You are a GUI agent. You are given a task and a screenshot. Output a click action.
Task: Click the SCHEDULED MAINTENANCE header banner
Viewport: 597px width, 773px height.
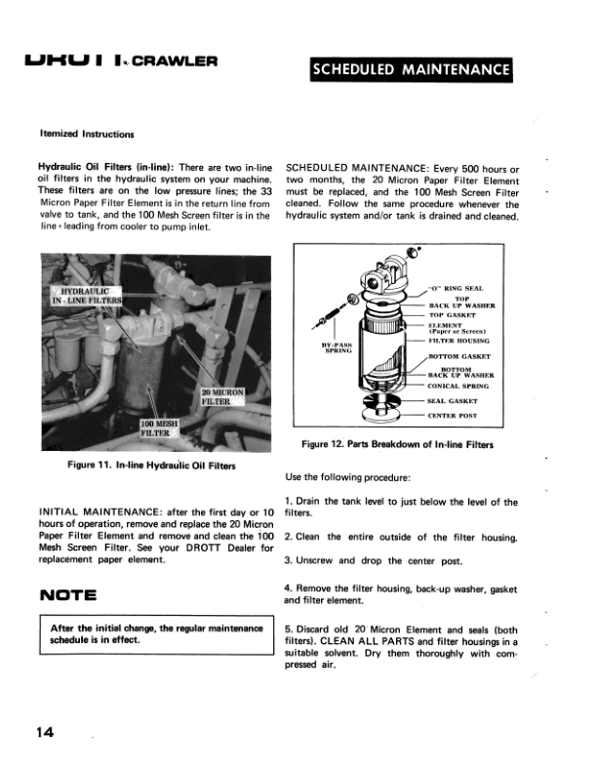410,69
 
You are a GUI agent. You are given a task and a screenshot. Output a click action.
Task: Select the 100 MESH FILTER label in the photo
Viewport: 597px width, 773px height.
160,427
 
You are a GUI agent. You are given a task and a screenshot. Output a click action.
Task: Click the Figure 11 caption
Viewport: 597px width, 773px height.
151,466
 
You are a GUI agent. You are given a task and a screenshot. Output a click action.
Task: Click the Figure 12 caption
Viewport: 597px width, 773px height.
398,445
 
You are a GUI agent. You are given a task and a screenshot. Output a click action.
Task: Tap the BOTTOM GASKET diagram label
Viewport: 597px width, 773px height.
462,357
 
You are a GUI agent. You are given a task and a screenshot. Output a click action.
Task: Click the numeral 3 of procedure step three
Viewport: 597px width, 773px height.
288,561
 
